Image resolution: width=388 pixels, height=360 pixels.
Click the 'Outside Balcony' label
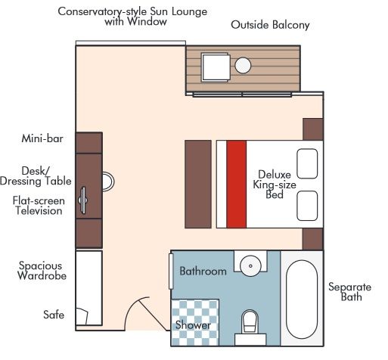point(270,25)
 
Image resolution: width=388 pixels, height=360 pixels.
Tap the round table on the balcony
point(243,66)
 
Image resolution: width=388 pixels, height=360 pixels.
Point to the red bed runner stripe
point(237,184)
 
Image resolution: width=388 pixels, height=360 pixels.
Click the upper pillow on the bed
point(306,163)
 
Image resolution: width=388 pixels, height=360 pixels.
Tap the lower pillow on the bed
point(306,205)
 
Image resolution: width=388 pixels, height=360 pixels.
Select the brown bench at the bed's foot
point(198,184)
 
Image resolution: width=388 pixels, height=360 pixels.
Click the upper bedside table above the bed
point(312,129)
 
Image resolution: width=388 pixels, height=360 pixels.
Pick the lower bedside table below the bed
point(312,240)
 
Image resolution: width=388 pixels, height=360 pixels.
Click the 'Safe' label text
point(54,315)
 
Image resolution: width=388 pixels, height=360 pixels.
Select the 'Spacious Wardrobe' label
point(42,271)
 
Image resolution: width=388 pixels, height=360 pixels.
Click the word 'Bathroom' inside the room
point(202,271)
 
